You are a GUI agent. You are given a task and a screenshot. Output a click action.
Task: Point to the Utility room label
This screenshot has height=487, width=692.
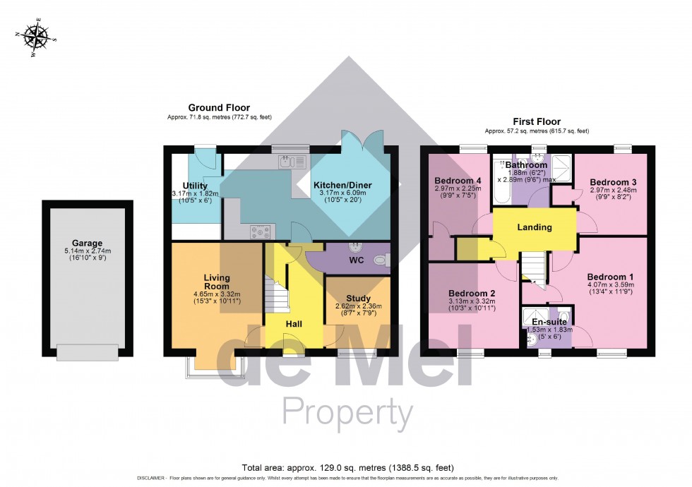[194, 186]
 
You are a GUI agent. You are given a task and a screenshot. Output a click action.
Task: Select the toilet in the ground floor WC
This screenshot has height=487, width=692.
[381, 260]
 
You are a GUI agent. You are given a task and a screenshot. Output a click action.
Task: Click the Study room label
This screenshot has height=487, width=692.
[358, 299]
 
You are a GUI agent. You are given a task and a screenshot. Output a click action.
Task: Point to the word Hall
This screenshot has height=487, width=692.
[294, 323]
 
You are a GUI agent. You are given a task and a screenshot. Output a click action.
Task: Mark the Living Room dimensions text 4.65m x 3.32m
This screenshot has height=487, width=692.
[217, 294]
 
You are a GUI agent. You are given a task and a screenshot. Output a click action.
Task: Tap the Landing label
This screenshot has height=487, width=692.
[534, 227]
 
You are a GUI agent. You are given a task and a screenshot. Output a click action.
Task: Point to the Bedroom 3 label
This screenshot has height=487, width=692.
[612, 182]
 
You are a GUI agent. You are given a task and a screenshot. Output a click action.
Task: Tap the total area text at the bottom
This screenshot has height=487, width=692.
[346, 467]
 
